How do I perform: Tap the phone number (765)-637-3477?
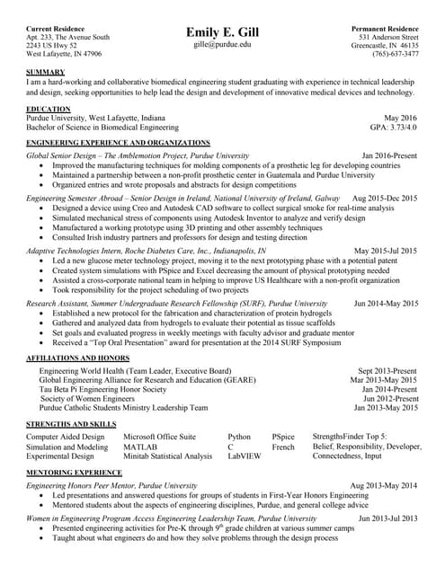387,54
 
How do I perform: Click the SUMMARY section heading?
46,72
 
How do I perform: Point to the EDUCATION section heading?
49,109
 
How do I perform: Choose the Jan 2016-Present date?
389,155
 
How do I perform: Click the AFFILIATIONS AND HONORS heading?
78,358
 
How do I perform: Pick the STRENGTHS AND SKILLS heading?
71,423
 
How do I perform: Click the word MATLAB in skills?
140,447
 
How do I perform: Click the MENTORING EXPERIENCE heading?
74,472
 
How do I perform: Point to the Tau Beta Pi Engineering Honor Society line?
102,389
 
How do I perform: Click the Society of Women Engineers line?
88,398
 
